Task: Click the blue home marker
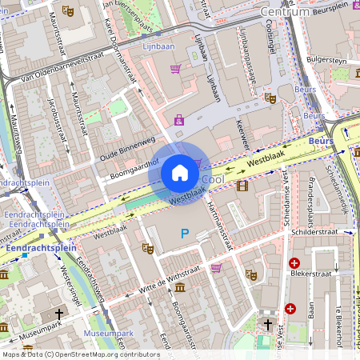[180, 173]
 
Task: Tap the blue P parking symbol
[185, 234]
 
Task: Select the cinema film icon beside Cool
[242, 186]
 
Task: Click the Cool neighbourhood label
[213, 180]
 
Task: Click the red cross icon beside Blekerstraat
[294, 263]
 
